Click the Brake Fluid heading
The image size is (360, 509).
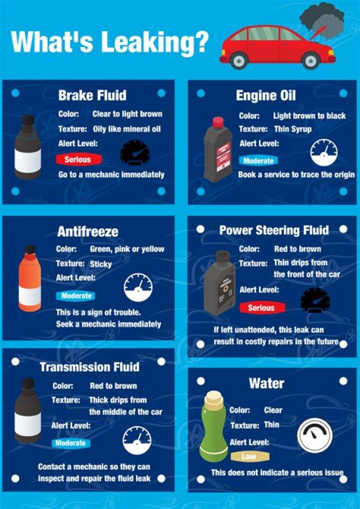pyautogui.click(x=92, y=95)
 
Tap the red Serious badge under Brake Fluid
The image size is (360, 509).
pyautogui.click(x=77, y=159)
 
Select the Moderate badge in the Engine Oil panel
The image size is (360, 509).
pyautogui.click(x=258, y=161)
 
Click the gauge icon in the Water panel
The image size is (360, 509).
pyautogui.click(x=314, y=435)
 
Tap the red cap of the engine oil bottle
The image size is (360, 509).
pyautogui.click(x=218, y=122)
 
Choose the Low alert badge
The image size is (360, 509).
pyautogui.click(x=249, y=456)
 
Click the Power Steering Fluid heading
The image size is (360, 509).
pyautogui.click(x=274, y=230)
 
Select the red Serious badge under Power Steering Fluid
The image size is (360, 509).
pyautogui.click(x=261, y=308)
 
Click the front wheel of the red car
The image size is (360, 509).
pyautogui.click(x=310, y=60)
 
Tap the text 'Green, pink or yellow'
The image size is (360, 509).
pyautogui.click(x=127, y=249)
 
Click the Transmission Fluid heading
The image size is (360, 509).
pyautogui.click(x=89, y=367)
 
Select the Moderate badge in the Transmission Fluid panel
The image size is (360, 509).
pyautogui.click(x=70, y=443)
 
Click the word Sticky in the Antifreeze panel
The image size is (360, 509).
pyautogui.click(x=101, y=263)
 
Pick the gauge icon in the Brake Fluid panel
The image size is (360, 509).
pyautogui.click(x=135, y=152)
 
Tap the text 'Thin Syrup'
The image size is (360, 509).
pyautogui.click(x=292, y=129)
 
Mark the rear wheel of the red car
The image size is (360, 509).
pyautogui.click(x=239, y=60)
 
